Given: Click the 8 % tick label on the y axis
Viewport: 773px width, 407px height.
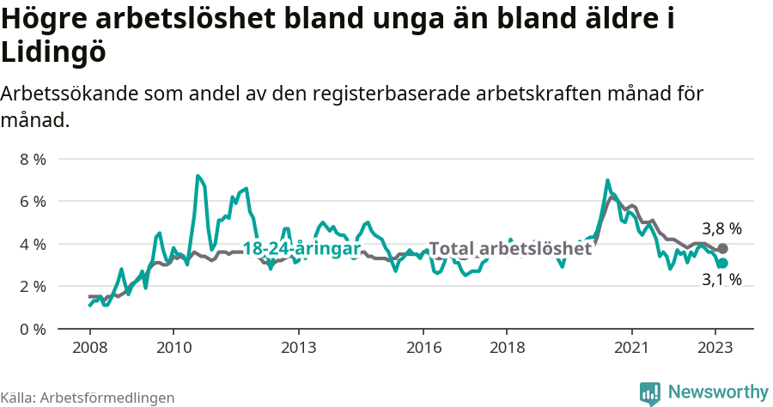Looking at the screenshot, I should [33, 159].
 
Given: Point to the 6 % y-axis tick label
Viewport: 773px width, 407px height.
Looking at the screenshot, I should [33, 201].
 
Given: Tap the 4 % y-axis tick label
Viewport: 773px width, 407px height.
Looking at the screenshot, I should [33, 244].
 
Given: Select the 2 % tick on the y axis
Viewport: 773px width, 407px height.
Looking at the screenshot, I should [33, 286].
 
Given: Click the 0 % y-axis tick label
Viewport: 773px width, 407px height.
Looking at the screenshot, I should [33, 329].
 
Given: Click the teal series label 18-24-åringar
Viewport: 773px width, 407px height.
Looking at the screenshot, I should [301, 249].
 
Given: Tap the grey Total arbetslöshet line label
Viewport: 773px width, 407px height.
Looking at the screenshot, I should [510, 249].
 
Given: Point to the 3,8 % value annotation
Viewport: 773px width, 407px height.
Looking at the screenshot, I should [721, 229].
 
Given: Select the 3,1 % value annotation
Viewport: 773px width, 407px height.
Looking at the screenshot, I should [721, 279].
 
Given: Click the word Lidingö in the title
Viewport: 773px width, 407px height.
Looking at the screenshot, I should [53, 52].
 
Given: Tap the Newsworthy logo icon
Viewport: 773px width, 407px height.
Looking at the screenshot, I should [650, 392].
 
